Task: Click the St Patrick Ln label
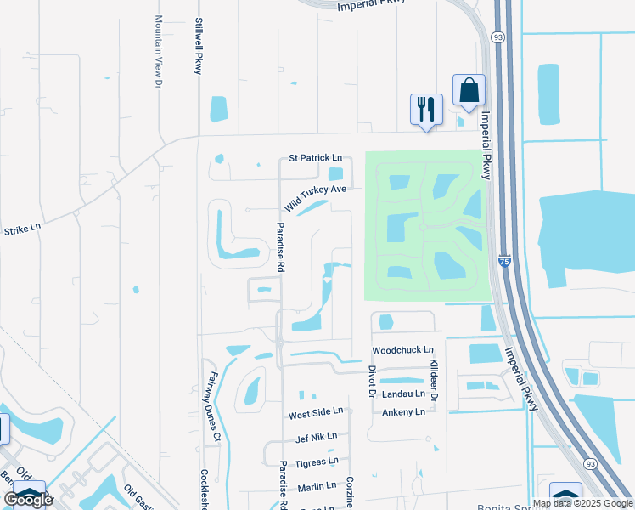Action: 315,158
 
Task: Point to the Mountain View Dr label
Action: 158,51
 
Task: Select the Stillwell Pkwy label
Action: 199,46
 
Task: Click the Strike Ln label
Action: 23,229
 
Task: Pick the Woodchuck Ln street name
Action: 402,350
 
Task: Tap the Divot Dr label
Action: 372,382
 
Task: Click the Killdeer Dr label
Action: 433,380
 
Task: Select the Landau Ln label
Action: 403,394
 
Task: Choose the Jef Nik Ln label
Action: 316,438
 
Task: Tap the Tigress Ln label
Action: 316,462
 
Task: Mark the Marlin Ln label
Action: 317,488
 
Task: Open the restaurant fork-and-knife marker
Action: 426,110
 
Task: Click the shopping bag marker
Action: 469,90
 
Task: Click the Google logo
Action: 28,499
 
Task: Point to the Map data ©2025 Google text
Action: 582,503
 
